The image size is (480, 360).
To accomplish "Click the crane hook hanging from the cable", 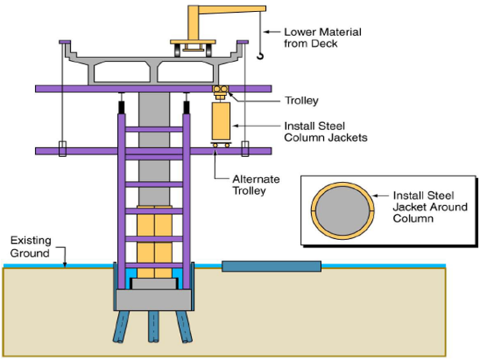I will pyautogui.click(x=260, y=57).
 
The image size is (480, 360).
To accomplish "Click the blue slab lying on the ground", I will pyautogui.click(x=271, y=267).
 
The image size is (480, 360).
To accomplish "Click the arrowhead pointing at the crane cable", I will pyautogui.click(x=267, y=30).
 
